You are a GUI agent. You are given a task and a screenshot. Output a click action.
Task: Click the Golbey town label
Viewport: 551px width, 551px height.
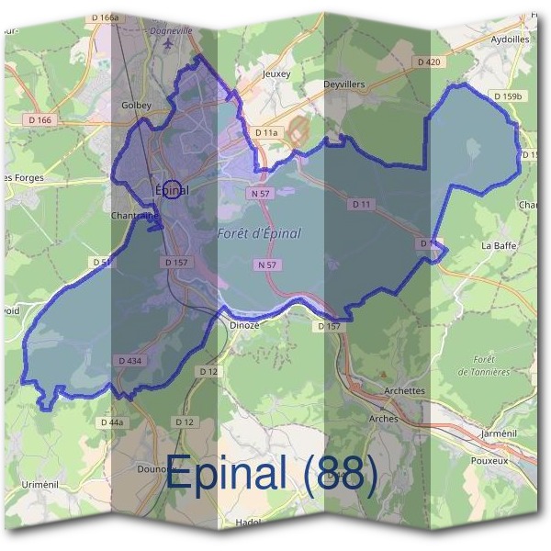[135, 106]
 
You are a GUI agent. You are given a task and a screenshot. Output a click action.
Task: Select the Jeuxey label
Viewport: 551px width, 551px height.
[275, 73]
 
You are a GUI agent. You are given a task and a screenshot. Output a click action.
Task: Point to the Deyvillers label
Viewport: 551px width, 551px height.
[344, 83]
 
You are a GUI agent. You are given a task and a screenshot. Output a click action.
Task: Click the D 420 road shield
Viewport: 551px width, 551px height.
[428, 62]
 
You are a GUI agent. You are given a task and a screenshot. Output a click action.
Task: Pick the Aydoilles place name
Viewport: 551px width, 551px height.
[510, 40]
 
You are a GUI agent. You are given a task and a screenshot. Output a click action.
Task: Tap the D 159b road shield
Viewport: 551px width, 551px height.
[507, 96]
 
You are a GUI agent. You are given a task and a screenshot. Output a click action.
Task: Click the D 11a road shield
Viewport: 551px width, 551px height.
[265, 133]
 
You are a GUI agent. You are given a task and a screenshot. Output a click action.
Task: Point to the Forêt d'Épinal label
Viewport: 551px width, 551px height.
[259, 233]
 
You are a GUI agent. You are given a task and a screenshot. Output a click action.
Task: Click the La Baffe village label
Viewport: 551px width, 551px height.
[499, 246]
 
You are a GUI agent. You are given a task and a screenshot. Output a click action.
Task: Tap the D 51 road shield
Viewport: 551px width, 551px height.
[101, 262]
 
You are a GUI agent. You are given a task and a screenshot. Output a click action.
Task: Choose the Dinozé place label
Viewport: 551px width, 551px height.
[243, 324]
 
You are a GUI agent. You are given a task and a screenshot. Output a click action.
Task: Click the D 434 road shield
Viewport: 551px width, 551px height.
[129, 361]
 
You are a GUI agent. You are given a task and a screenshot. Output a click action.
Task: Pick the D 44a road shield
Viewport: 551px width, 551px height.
[110, 422]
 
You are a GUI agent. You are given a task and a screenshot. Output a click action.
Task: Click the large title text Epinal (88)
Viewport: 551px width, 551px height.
[272, 475]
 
